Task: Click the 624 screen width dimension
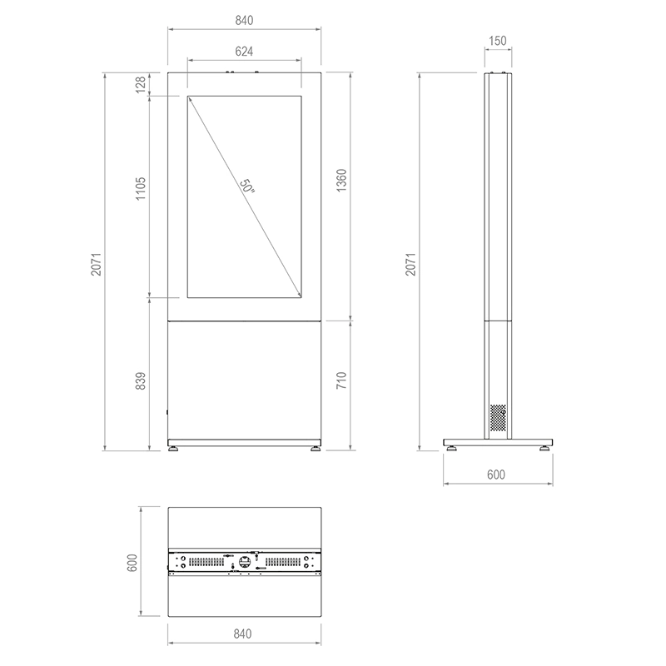pos(245,51)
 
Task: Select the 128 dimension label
pos(141,83)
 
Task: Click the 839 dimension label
pos(141,380)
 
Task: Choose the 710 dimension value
pos(341,381)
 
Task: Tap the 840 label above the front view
pos(243,18)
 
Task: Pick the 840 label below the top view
pos(243,634)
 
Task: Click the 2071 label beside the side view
pos(410,263)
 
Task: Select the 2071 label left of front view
pos(96,263)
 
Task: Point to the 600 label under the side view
pos(496,475)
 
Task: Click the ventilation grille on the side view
pos(497,418)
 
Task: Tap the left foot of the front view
pos(174,450)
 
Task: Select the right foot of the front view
pos(316,450)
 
